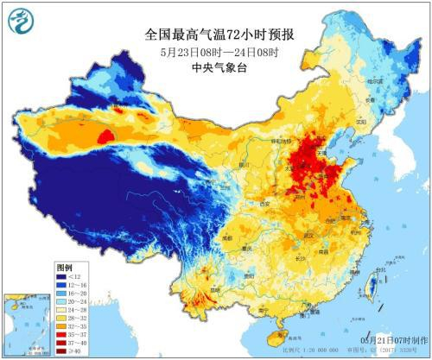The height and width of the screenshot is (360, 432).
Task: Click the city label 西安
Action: coord(266,192)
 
